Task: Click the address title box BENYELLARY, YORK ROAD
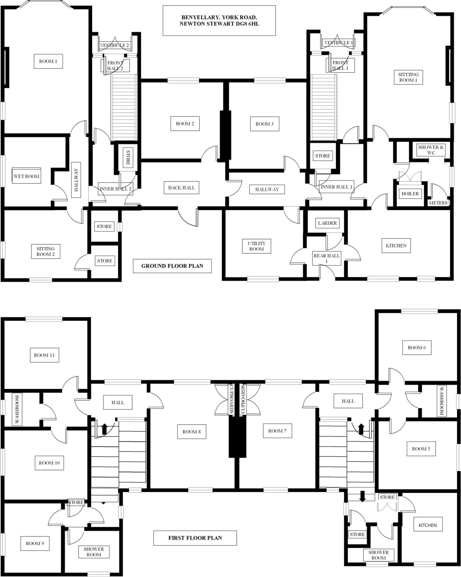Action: click(x=219, y=21)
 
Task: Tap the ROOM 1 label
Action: click(x=48, y=61)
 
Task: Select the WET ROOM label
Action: click(x=26, y=176)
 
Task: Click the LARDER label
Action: click(x=327, y=223)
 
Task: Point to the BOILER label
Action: click(x=410, y=194)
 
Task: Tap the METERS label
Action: click(x=438, y=203)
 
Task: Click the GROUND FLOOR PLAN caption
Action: click(x=172, y=266)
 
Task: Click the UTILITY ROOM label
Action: click(x=256, y=246)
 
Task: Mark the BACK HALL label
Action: click(x=181, y=188)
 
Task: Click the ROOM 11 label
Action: click(x=44, y=355)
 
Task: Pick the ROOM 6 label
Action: click(x=416, y=348)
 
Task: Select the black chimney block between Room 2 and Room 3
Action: click(x=225, y=135)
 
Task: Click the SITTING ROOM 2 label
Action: click(x=46, y=252)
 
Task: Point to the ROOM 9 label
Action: click(x=35, y=543)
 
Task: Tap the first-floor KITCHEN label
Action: click(x=427, y=525)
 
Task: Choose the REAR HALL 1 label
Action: click(x=327, y=258)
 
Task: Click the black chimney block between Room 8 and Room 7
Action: click(x=237, y=437)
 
